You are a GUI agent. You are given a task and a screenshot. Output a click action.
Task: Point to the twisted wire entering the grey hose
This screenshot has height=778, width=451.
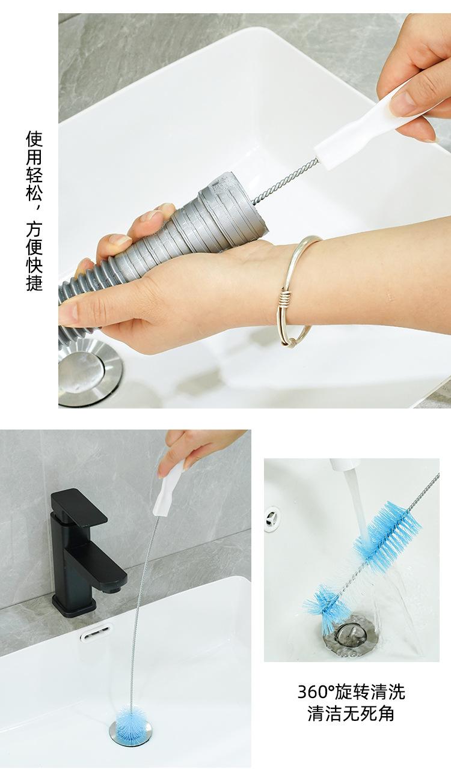(x=284, y=181)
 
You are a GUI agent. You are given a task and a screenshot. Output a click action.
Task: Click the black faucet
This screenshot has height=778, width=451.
(x=84, y=552)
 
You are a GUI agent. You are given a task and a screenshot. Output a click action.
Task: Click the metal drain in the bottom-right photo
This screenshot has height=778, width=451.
(x=348, y=636)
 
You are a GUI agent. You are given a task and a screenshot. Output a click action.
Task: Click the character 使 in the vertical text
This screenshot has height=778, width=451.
(x=34, y=139)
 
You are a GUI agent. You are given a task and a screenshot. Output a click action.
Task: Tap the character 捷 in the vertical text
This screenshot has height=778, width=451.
(x=34, y=282)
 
